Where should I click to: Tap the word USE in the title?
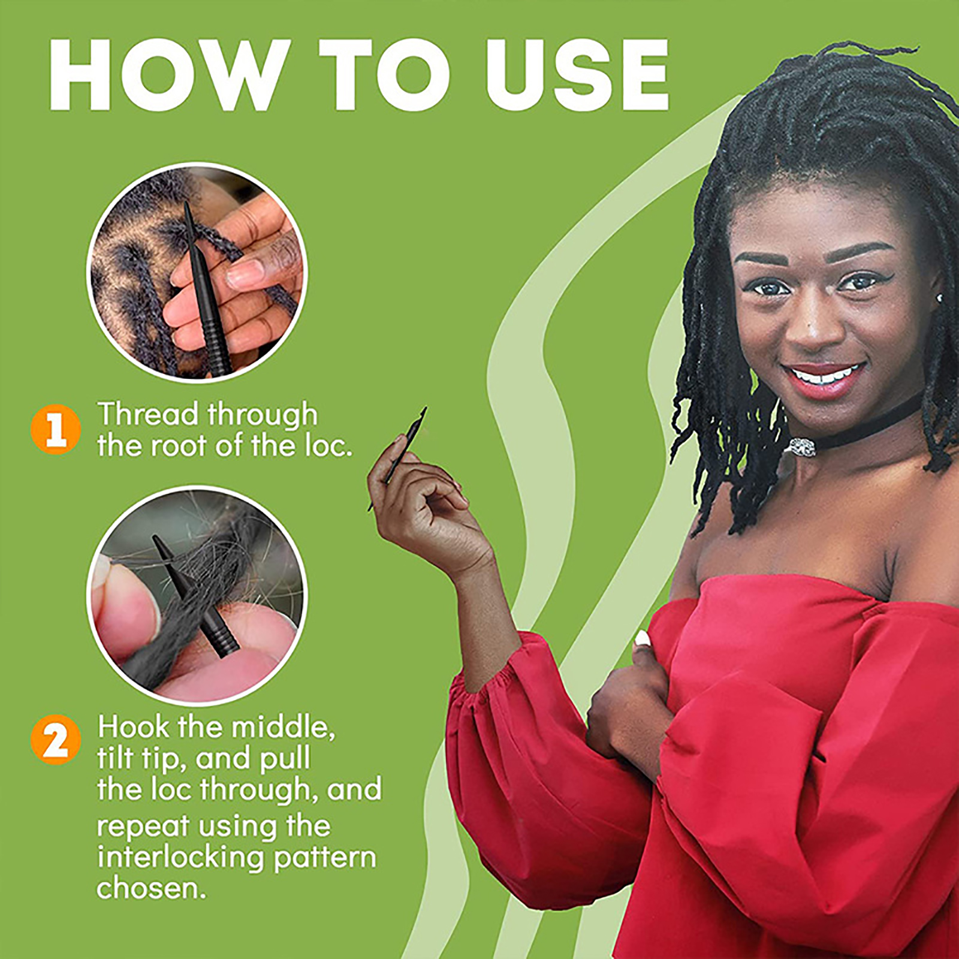pyautogui.click(x=577, y=74)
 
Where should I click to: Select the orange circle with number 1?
pyautogui.click(x=56, y=429)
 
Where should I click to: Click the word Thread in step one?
pyautogui.click(x=147, y=415)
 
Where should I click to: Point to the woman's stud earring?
pyautogui.click(x=939, y=298)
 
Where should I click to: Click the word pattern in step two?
pyautogui.click(x=325, y=858)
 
